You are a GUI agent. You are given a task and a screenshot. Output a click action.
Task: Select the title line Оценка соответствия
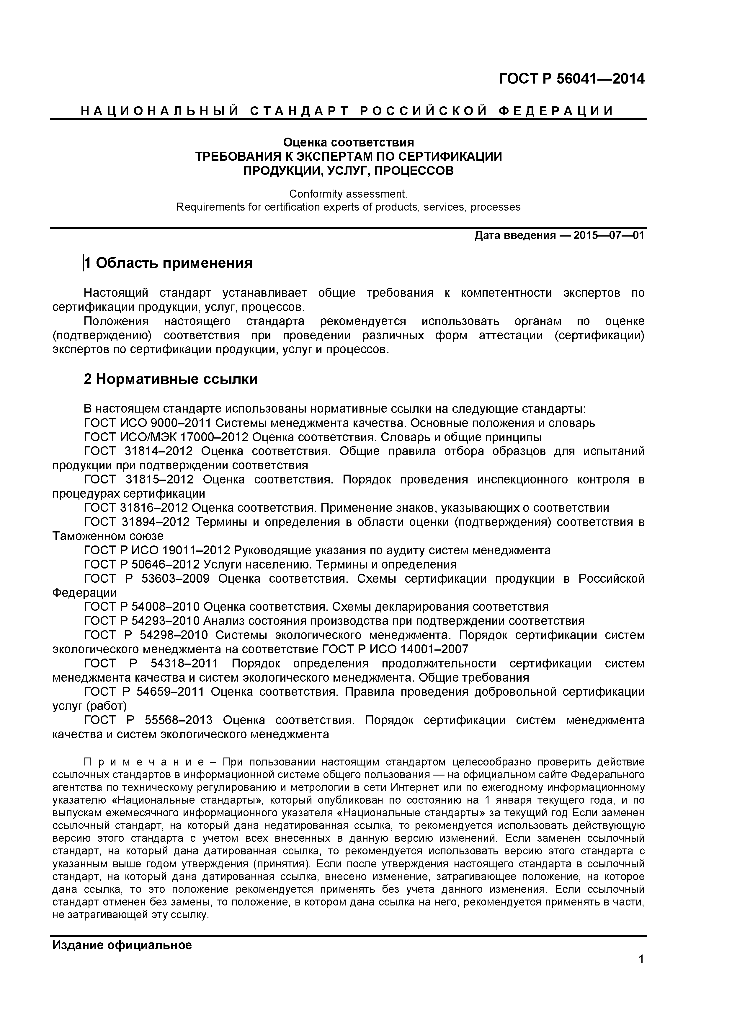click(348, 143)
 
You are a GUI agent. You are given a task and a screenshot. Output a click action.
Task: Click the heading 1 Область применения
click(168, 263)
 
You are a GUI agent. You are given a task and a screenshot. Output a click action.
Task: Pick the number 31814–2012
click(157, 451)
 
